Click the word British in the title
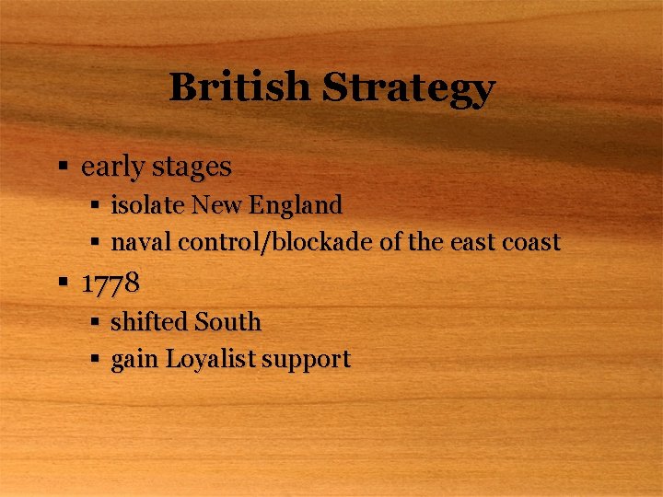point(240,88)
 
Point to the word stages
point(191,168)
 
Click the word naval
point(142,242)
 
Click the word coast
point(529,243)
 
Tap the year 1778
point(110,283)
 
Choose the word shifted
point(149,322)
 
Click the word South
point(227,322)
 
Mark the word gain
point(134,360)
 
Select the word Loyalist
point(210,360)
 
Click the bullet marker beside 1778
point(64,283)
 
